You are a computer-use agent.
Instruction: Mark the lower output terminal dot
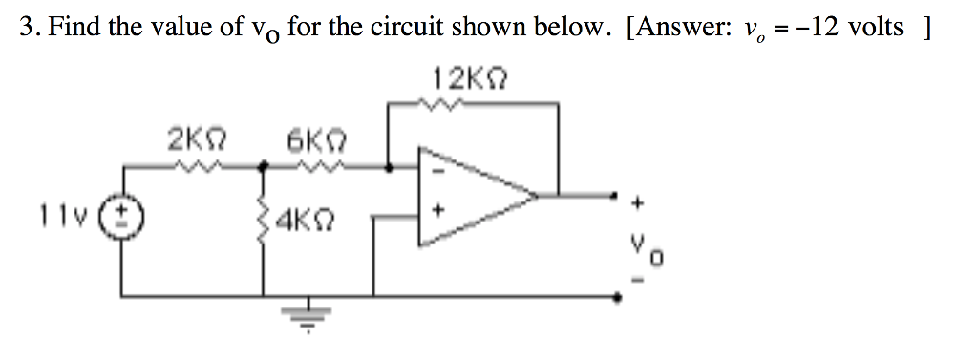[x=620, y=298]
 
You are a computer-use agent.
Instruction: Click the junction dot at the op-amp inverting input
[x=388, y=168]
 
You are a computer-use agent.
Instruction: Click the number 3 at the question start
[x=26, y=28]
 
